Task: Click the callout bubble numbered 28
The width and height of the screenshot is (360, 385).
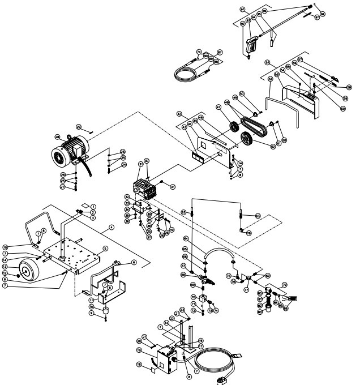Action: pyautogui.click(x=57, y=136)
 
